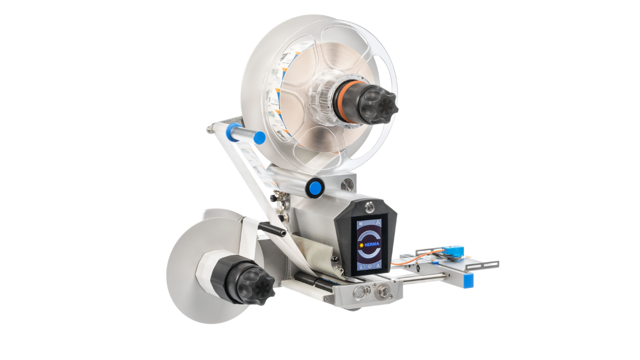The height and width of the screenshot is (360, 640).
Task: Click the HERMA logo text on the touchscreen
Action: (x=372, y=244)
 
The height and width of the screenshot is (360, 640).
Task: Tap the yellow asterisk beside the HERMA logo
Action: (x=361, y=245)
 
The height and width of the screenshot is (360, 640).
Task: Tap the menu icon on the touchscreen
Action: (x=360, y=224)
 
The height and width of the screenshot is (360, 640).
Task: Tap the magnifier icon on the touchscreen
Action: (x=360, y=267)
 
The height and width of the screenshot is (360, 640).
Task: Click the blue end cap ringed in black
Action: (x=315, y=188)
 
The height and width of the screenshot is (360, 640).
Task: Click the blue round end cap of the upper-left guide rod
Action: (x=259, y=137)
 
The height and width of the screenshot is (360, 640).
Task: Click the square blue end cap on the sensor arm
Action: (x=468, y=280)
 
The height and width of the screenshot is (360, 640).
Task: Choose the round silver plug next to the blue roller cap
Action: (x=347, y=185)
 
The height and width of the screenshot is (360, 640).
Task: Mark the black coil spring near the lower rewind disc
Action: (x=272, y=229)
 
